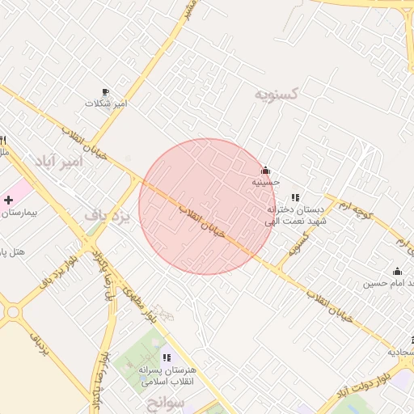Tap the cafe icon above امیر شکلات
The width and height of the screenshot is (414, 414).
pos(105,92)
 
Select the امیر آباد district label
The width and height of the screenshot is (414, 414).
pos(59,162)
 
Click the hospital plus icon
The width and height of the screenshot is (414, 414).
pos(8,199)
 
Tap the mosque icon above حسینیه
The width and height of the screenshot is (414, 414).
pos(265,171)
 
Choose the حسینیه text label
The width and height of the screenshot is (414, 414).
pos(265,183)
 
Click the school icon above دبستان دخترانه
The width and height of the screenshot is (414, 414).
pos(295,197)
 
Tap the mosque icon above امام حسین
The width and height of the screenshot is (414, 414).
pos(397,272)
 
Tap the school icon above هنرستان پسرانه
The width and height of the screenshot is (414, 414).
pos(167,357)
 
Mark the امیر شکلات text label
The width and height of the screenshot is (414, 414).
pos(109,104)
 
